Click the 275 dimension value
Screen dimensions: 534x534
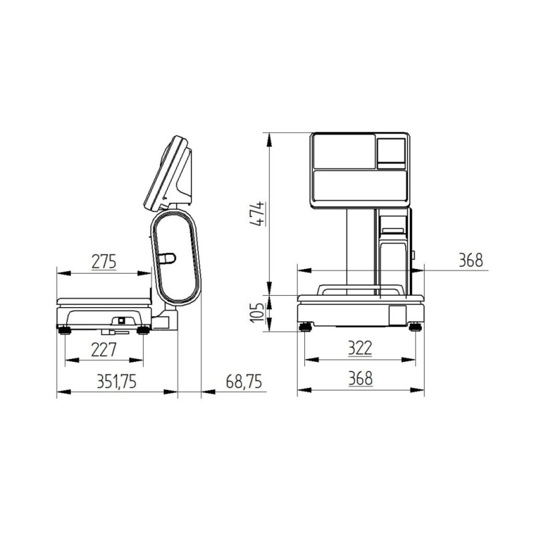pyautogui.click(x=104, y=262)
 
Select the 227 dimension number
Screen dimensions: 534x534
pyautogui.click(x=104, y=349)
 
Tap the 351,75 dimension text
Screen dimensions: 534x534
pyautogui.click(x=116, y=381)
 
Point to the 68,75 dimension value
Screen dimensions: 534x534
pyautogui.click(x=244, y=381)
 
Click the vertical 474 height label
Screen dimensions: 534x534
pyautogui.click(x=257, y=214)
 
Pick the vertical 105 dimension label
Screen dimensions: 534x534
pyautogui.click(x=257, y=312)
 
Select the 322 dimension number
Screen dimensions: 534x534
pyautogui.click(x=360, y=348)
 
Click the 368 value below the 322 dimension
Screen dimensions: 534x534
pyautogui.click(x=360, y=378)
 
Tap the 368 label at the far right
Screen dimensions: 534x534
pyautogui.click(x=471, y=260)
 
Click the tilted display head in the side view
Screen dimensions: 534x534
pyautogui.click(x=169, y=174)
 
